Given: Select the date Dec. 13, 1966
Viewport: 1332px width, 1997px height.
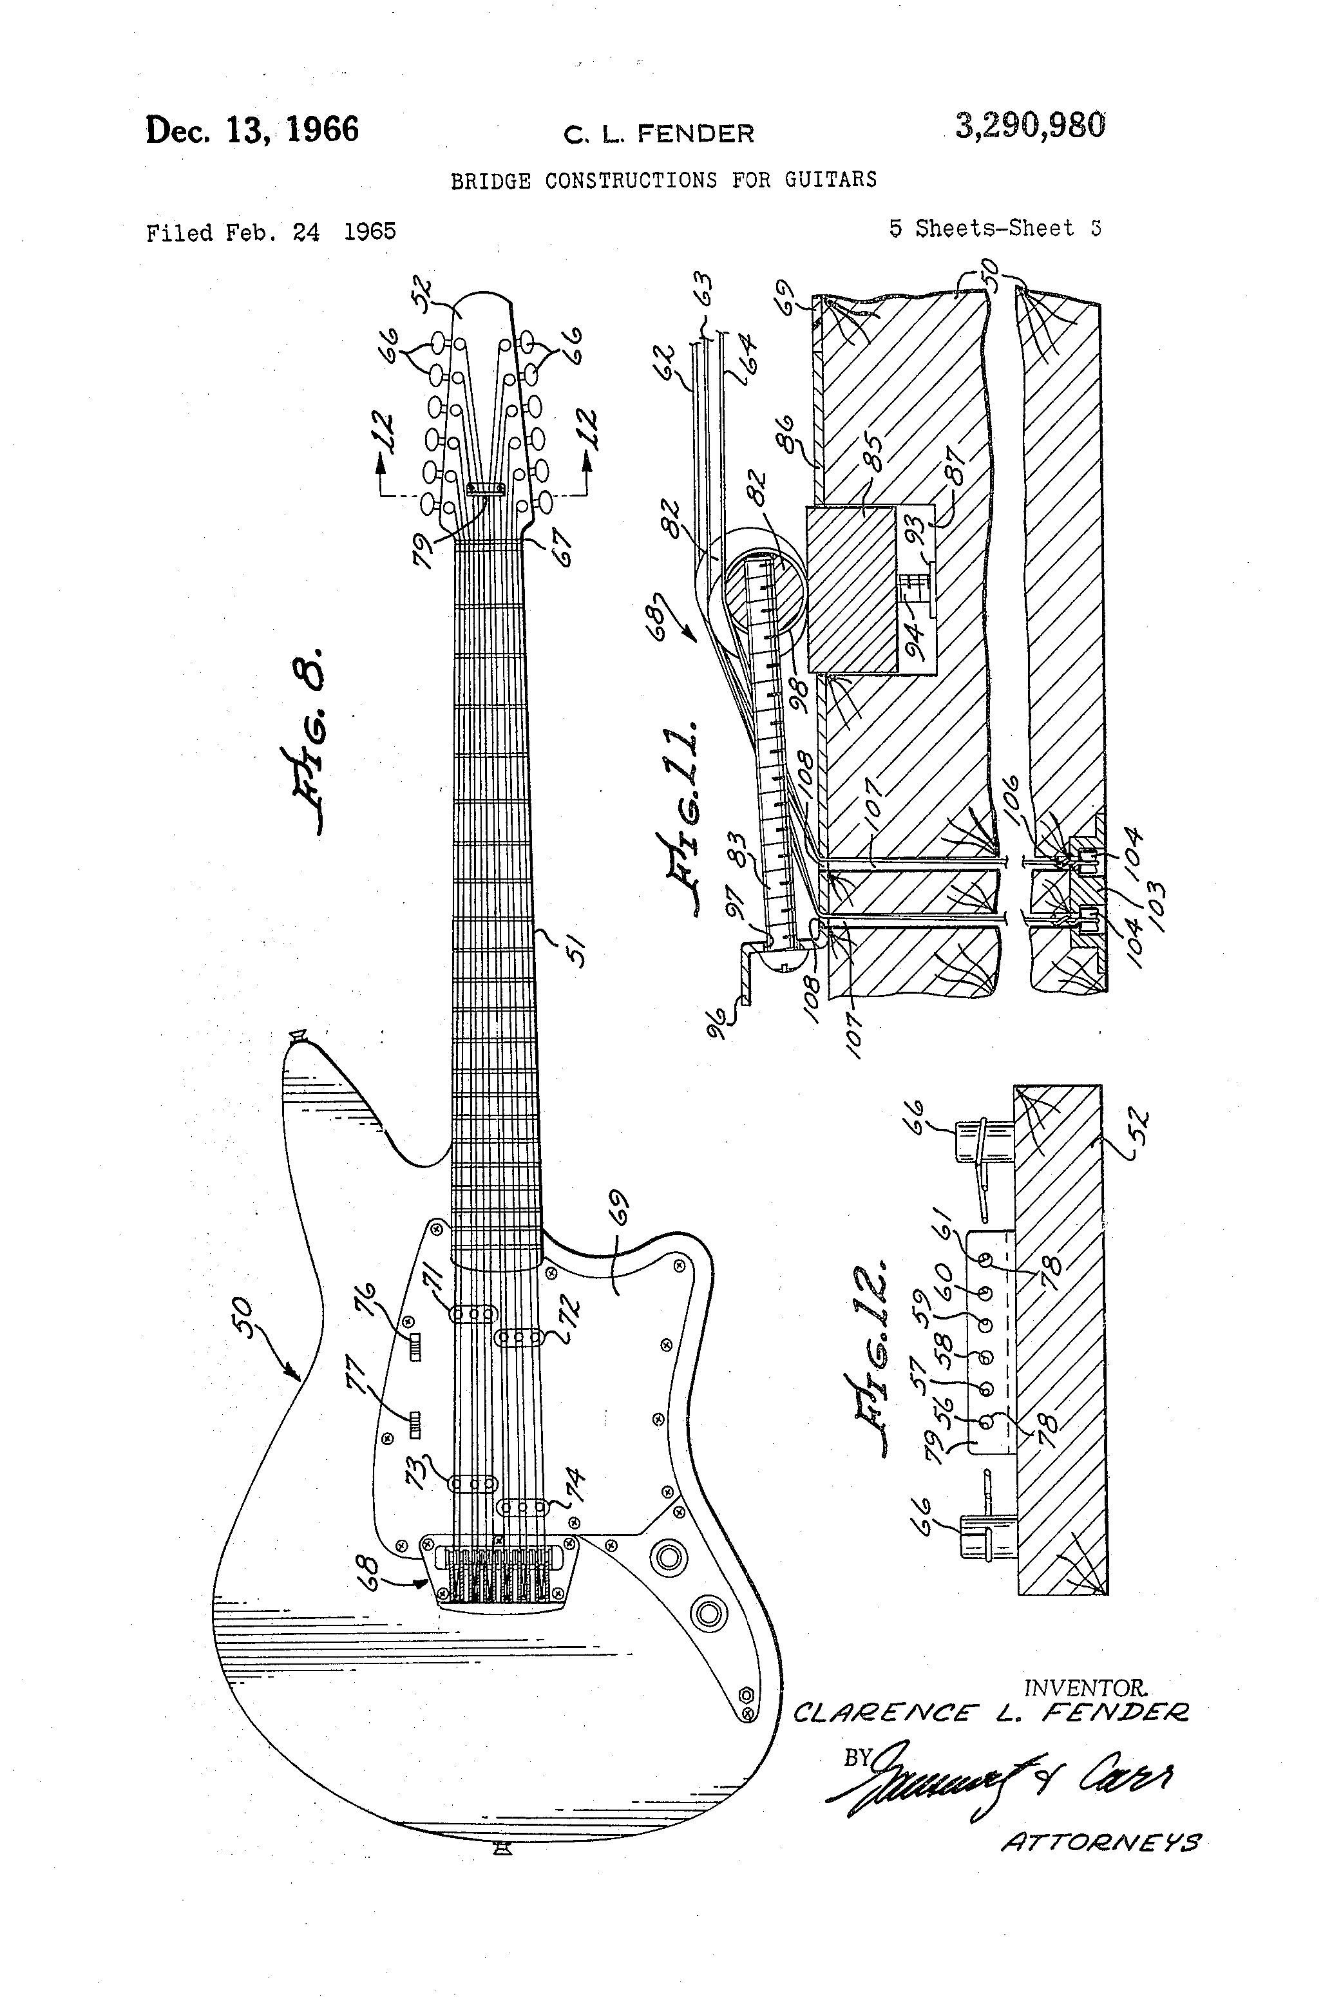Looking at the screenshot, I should [x=252, y=130].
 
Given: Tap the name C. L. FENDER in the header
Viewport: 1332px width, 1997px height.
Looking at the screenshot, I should [x=658, y=133].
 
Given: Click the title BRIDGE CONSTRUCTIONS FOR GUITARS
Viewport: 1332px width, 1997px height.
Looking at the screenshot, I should [x=663, y=180].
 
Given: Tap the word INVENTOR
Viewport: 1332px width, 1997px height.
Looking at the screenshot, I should [x=1086, y=1688].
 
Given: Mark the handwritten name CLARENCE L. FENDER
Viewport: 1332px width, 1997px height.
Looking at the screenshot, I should [x=989, y=1712].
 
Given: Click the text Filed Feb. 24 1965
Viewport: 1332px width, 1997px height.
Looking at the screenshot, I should [x=271, y=232].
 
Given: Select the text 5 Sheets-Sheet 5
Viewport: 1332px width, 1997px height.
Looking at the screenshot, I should [x=994, y=229].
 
